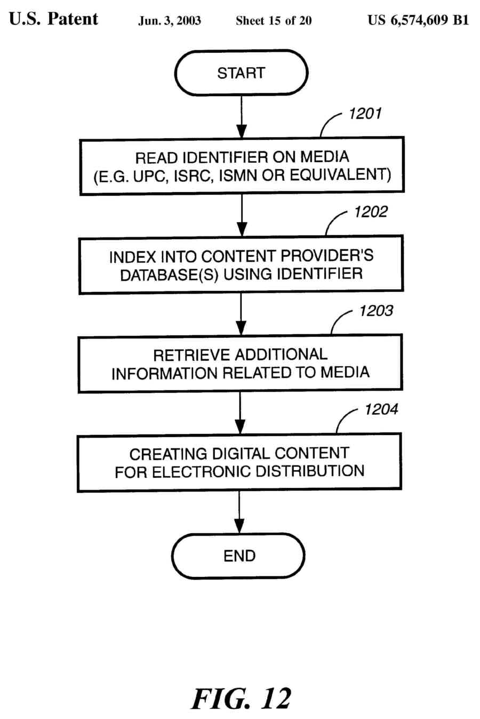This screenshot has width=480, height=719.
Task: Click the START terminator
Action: [241, 73]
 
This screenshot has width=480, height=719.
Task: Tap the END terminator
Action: [238, 556]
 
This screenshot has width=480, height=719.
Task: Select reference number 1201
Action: [365, 114]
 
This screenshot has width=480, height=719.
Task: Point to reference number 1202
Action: [371, 212]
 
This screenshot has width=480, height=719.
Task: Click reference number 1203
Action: [376, 311]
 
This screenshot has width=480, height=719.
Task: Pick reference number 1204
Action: [381, 409]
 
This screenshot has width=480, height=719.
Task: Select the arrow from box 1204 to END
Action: [239, 512]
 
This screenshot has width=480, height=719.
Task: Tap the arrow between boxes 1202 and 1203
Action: [241, 314]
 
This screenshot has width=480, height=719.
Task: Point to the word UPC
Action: [150, 176]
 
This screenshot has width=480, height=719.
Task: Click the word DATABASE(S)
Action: [169, 275]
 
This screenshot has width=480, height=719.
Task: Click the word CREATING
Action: [168, 454]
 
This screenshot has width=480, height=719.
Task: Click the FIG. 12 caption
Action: [241, 698]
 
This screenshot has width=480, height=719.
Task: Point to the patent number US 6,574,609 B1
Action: [418, 20]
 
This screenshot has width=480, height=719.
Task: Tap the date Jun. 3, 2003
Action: [170, 21]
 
